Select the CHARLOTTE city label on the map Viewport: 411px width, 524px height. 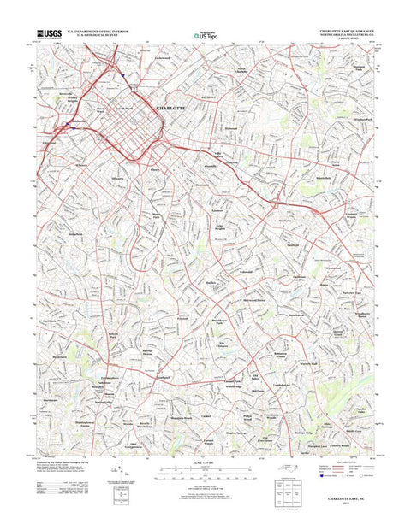coord(173,109)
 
